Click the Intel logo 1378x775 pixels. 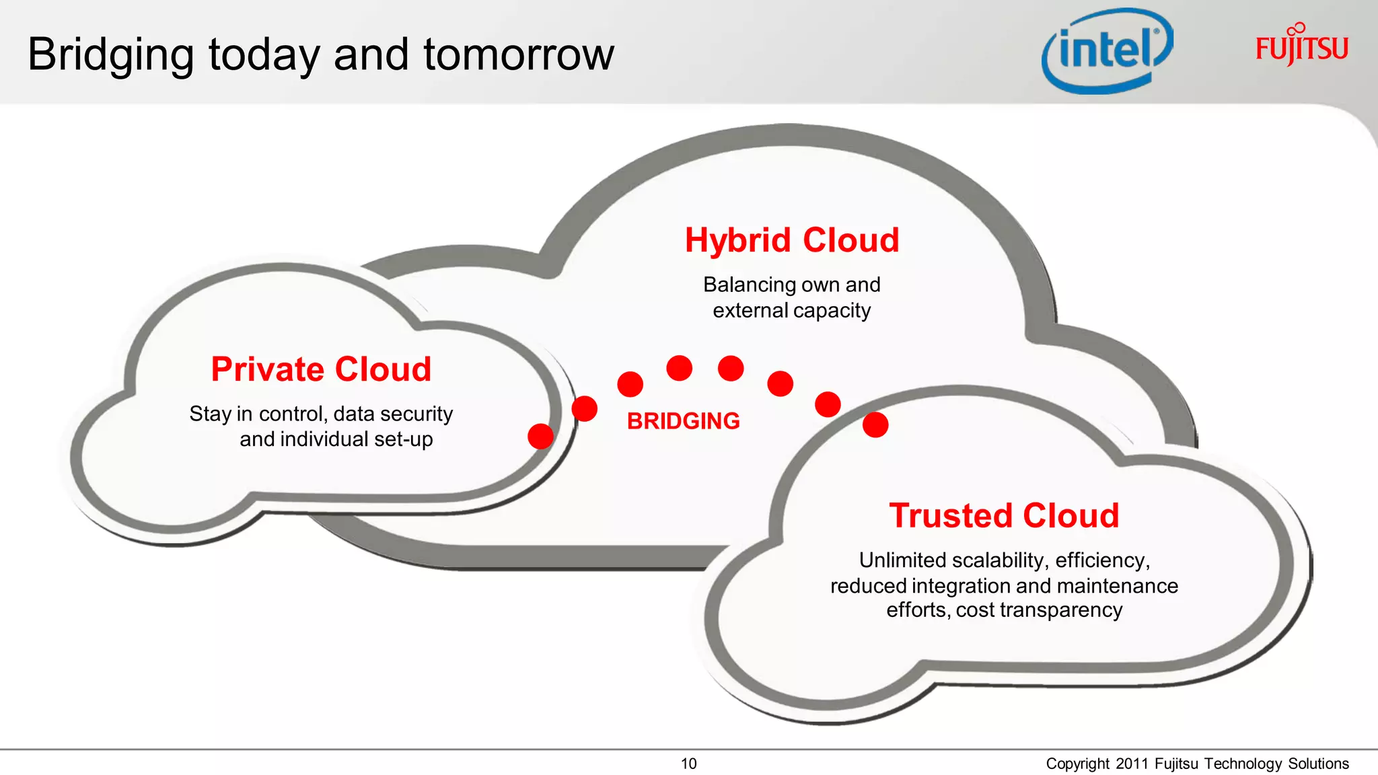(1108, 51)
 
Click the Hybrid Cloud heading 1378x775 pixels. (792, 240)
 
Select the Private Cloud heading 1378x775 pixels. (321, 369)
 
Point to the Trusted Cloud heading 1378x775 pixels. (1004, 516)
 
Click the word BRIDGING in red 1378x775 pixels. (683, 421)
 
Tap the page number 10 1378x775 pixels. (688, 764)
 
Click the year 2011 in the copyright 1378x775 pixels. (1132, 764)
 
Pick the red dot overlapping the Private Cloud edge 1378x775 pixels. (540, 436)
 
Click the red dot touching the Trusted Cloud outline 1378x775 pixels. (875, 425)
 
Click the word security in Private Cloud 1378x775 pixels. (416, 414)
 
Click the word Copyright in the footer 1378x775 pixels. (1077, 764)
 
